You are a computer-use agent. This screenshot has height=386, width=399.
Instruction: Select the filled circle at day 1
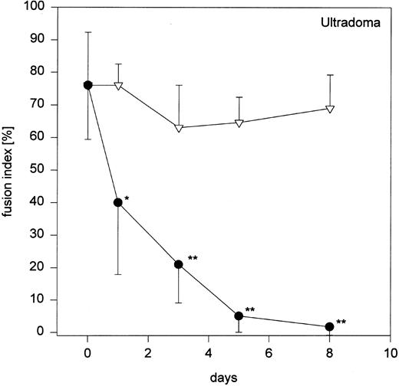pyautogui.click(x=118, y=203)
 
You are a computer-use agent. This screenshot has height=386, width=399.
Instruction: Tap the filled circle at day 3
pyautogui.click(x=179, y=264)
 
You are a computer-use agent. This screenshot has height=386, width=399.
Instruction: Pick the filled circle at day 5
pyautogui.click(x=239, y=316)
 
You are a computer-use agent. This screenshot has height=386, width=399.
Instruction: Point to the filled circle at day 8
pyautogui.click(x=329, y=326)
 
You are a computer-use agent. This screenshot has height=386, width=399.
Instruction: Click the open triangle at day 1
pyautogui.click(x=118, y=86)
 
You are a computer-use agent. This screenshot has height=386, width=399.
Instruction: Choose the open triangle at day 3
pyautogui.click(x=179, y=128)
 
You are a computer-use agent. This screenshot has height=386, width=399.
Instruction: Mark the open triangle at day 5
pyautogui.click(x=239, y=123)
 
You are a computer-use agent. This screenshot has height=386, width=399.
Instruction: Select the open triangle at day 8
pyautogui.click(x=329, y=109)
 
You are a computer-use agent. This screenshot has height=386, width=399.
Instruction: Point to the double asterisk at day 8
pyautogui.click(x=341, y=322)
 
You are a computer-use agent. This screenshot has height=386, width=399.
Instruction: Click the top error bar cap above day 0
pyautogui.click(x=88, y=32)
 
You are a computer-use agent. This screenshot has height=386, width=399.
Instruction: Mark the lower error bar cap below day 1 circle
pyautogui.click(x=118, y=274)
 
